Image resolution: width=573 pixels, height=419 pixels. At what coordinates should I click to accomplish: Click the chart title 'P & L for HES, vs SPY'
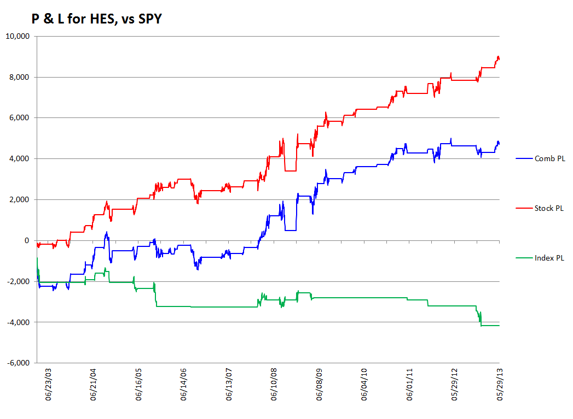96,19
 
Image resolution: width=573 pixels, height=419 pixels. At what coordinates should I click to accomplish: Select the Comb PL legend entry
541,158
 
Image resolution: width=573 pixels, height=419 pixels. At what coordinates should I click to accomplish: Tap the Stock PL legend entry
540,208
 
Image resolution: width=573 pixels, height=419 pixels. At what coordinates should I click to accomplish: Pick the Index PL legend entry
540,258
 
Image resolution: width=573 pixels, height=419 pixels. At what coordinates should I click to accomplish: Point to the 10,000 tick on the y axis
18,36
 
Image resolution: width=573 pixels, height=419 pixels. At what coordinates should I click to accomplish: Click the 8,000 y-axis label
19,77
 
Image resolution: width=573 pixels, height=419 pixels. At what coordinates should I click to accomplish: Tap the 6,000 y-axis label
19,118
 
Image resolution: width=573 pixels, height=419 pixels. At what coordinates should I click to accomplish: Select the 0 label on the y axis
27,240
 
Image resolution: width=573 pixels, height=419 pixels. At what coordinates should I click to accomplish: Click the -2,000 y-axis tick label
18,281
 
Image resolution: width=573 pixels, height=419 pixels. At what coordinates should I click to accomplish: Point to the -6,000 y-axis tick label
18,363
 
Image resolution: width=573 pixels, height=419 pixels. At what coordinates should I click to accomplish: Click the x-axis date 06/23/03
48,385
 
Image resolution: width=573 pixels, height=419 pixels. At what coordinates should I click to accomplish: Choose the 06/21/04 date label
93,385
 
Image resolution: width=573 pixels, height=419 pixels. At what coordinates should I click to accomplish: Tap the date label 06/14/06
183,385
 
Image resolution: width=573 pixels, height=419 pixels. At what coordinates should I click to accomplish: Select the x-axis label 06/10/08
274,385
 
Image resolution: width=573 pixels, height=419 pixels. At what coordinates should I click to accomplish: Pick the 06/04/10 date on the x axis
364,385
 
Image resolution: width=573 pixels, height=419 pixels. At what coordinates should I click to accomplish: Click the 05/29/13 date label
500,385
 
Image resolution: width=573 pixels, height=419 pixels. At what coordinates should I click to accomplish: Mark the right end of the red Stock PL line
499,59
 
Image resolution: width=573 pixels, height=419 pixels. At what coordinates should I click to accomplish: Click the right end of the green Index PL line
499,325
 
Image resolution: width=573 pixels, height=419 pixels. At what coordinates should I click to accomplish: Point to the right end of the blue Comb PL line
499,144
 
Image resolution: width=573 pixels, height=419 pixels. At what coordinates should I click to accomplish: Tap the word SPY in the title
150,19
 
